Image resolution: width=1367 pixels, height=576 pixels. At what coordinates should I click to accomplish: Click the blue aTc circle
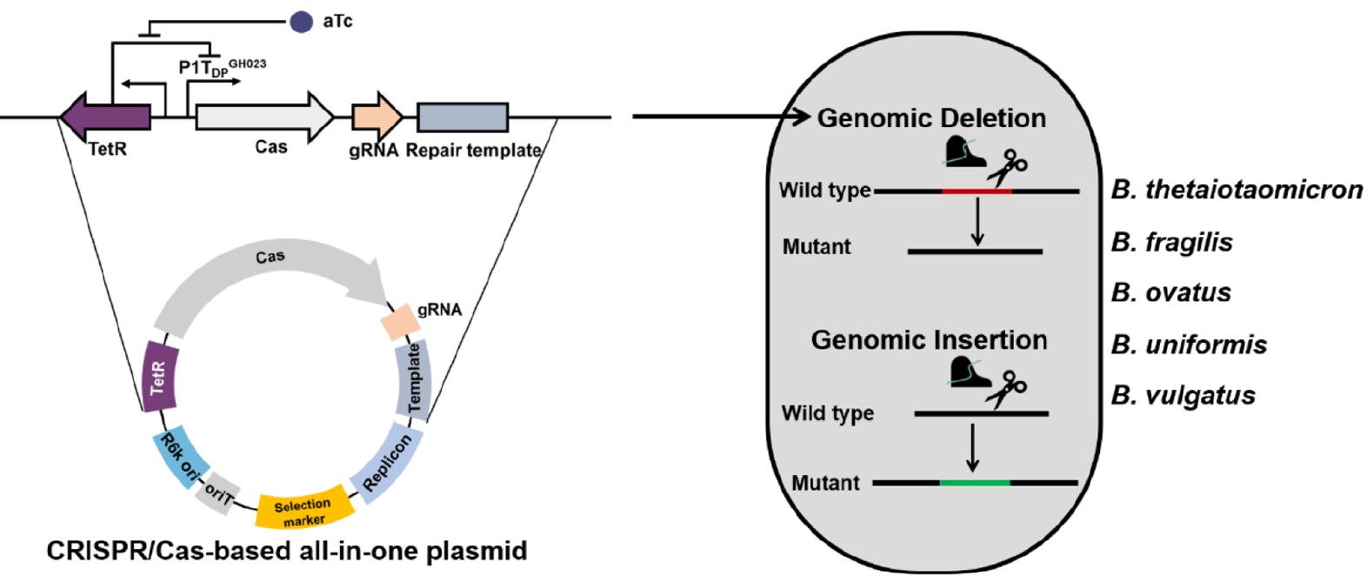click(x=301, y=22)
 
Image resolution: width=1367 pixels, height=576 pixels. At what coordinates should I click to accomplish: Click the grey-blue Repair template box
click(x=462, y=117)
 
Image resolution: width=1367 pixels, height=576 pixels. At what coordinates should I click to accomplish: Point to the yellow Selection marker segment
click(x=303, y=509)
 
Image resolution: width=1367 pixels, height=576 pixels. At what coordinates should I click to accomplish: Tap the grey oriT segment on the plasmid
click(x=217, y=494)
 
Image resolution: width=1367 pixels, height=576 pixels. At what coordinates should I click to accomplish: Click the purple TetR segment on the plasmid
click(x=159, y=376)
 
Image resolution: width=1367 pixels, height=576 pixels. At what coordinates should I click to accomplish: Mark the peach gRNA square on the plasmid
click(x=400, y=322)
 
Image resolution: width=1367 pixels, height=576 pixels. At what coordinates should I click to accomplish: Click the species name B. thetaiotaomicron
click(x=1237, y=190)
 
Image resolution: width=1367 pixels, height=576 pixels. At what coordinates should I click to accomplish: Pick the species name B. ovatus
click(x=1170, y=292)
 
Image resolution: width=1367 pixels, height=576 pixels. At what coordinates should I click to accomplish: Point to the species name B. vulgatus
click(x=1183, y=396)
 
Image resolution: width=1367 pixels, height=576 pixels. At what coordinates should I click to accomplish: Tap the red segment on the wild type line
click(x=977, y=191)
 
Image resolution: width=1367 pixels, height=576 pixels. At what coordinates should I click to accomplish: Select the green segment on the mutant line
click(x=975, y=482)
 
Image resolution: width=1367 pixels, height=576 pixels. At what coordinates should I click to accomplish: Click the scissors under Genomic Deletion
click(x=1007, y=168)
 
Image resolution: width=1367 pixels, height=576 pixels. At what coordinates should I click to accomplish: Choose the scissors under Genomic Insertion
click(x=1005, y=388)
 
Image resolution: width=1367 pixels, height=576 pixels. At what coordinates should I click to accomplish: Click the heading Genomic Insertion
click(x=929, y=339)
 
